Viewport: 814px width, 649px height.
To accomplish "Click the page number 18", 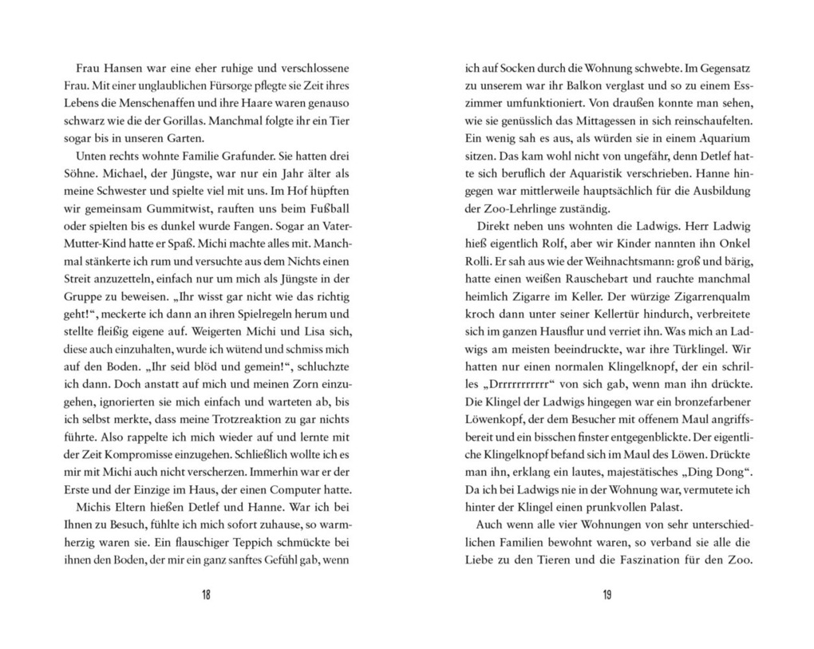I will coord(206,595).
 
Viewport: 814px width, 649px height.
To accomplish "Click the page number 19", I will coord(607,595).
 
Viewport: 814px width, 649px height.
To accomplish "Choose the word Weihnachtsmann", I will coord(645,262).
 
